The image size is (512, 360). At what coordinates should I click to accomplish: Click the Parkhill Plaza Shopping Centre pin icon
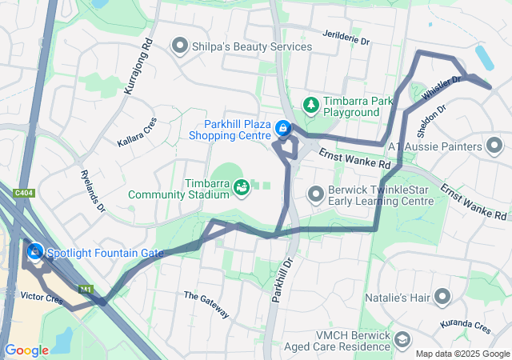tap(282, 128)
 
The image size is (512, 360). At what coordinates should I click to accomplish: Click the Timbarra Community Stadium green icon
tap(241, 186)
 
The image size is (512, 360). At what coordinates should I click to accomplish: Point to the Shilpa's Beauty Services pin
tap(179, 46)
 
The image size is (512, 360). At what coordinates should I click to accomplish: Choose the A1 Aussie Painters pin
tap(496, 146)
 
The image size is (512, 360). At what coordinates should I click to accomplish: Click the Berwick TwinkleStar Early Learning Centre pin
tap(316, 194)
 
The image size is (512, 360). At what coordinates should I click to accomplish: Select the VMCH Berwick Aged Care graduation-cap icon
tap(402, 342)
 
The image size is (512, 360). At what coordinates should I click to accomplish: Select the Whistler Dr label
tap(442, 87)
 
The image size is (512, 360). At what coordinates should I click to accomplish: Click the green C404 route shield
tap(23, 193)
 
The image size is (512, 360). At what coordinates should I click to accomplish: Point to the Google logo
tap(26, 350)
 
